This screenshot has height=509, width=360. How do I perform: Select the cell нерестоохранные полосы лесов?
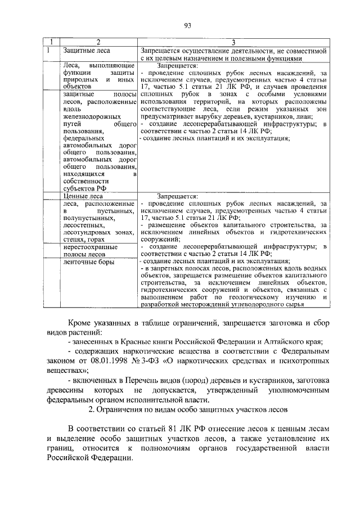click(90, 250)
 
